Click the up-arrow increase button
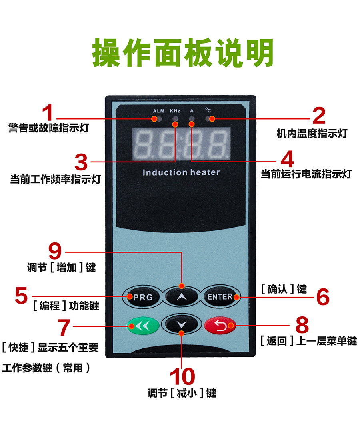point(182,297)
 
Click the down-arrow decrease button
point(182,325)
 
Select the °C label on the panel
point(208,110)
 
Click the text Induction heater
point(181,172)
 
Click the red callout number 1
point(48,113)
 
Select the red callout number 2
point(319,116)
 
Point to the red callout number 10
point(182,377)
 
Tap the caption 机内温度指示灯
point(312,134)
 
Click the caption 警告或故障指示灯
point(49,129)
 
